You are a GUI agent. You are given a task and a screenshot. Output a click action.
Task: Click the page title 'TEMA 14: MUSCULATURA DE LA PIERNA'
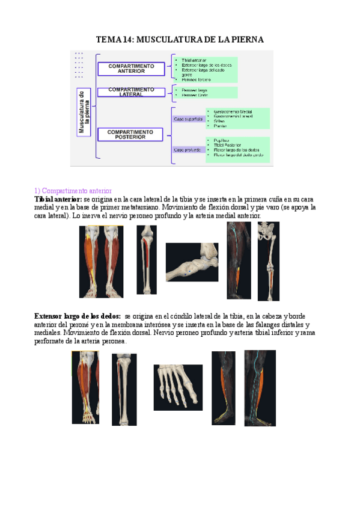coord(180,40)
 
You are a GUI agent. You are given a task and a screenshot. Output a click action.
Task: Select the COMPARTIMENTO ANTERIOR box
coord(131,69)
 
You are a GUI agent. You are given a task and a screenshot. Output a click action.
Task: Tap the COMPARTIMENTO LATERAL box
coord(131,91)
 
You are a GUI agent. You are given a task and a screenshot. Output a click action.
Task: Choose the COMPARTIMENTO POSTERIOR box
coord(131,134)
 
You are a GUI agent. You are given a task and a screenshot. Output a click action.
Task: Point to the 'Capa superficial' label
coord(189,119)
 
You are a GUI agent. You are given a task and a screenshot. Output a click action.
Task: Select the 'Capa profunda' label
coord(188,149)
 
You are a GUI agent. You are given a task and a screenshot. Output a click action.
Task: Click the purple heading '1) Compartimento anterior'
coord(73,191)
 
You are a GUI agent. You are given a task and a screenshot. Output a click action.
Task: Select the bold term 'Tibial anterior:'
coord(58,199)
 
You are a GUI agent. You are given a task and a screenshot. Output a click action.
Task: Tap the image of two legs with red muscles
coord(101,262)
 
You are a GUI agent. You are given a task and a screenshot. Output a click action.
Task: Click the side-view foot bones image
coord(192,262)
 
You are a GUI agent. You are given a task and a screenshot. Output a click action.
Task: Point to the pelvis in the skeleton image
coord(268,232)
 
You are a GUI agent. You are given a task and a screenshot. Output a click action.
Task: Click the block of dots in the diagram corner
coord(79,65)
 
